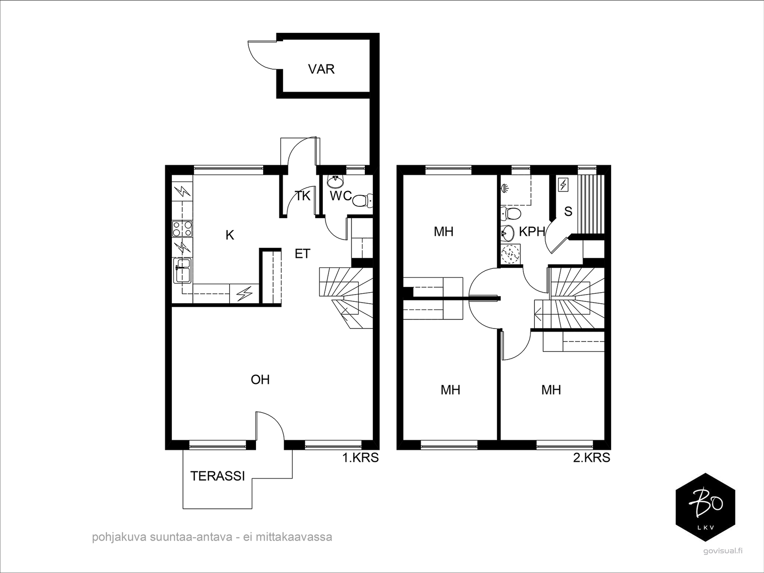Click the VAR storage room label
point(321,69)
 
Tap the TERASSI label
point(218,476)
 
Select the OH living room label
point(260,380)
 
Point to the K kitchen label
point(230,235)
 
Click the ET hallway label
point(302,254)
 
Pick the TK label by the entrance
point(302,196)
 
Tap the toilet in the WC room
point(362,200)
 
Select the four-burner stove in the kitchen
point(182,229)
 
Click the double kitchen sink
point(182,270)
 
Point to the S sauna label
point(568,211)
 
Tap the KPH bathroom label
point(531,232)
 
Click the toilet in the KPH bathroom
point(510,213)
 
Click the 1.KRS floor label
point(360,458)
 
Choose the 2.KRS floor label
point(592,458)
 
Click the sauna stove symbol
point(563,184)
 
